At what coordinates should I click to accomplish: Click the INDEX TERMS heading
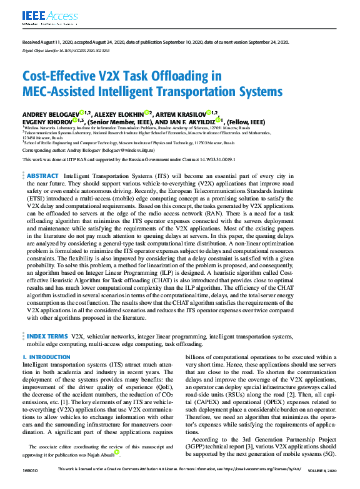point(47,336)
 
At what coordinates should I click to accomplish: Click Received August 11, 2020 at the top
point(51,41)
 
